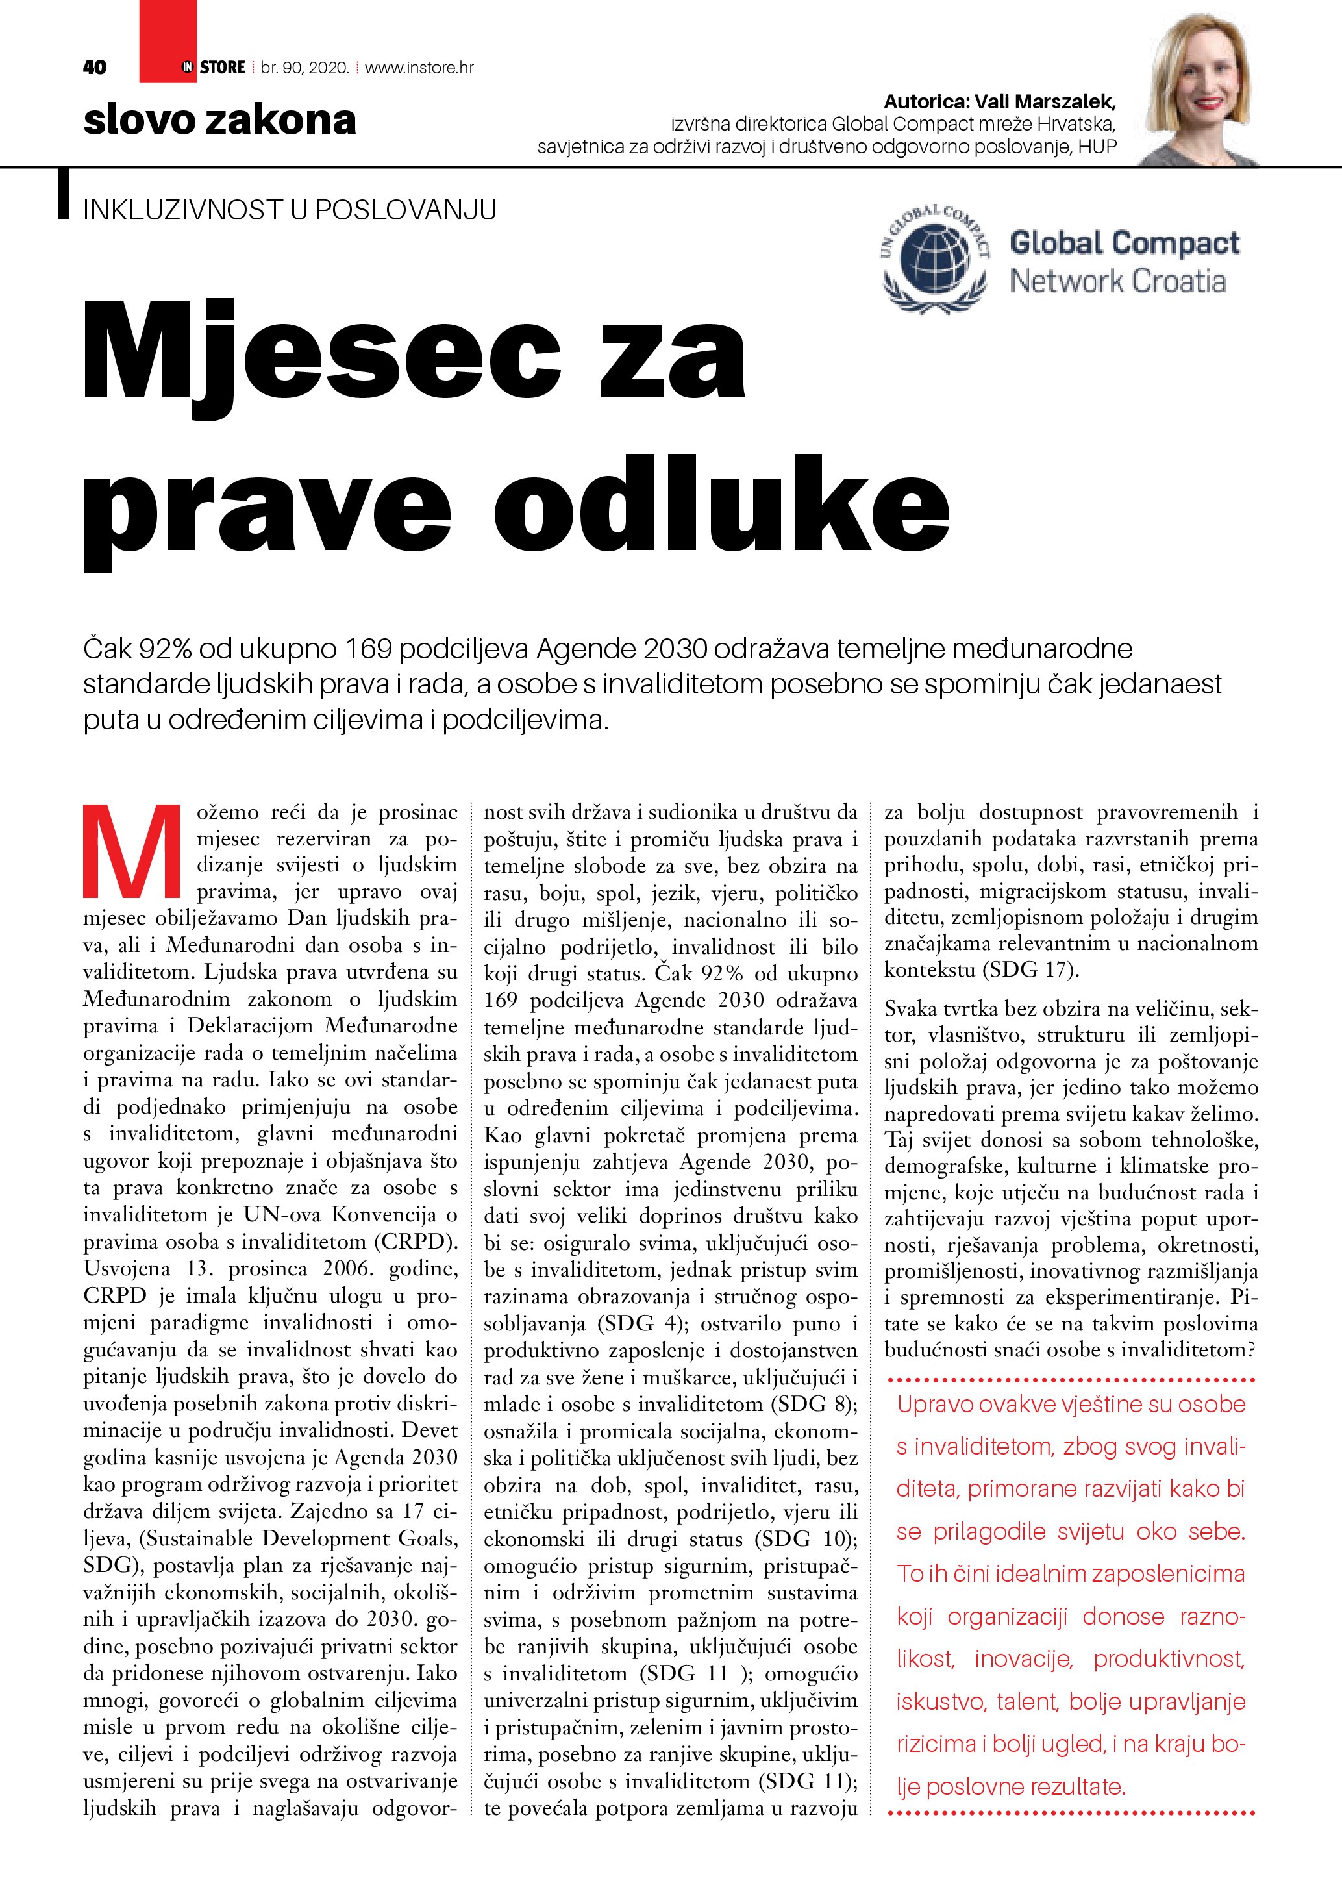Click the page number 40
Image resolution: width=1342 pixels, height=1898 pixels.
pyautogui.click(x=95, y=67)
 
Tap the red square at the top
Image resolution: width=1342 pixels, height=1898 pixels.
pyautogui.click(x=168, y=33)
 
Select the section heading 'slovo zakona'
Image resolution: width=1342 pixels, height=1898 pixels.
pyautogui.click(x=220, y=121)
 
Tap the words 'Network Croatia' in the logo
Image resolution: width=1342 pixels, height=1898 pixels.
pyautogui.click(x=1117, y=281)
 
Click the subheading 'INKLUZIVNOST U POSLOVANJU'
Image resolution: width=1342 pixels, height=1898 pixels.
pyautogui.click(x=289, y=210)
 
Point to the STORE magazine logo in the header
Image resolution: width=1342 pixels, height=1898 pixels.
pyautogui.click(x=213, y=67)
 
